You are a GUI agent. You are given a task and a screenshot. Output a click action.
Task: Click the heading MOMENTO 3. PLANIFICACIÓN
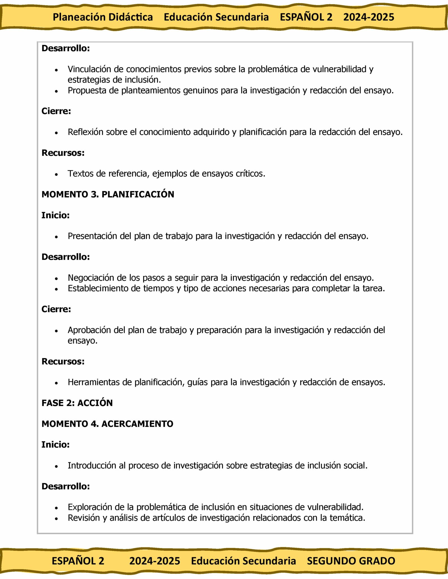click(108, 195)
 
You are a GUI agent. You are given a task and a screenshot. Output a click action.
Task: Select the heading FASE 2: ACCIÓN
click(77, 403)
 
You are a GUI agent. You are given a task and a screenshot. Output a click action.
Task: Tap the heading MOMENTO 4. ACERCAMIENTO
click(107, 424)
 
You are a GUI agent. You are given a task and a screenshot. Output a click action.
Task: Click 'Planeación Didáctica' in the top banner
click(103, 17)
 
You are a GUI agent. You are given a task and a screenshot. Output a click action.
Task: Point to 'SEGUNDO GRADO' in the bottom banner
click(351, 561)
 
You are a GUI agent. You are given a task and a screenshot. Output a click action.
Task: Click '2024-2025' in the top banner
click(368, 17)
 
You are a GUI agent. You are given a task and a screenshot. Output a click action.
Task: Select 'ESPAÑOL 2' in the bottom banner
click(78, 561)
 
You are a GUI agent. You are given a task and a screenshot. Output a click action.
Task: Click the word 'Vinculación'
click(89, 69)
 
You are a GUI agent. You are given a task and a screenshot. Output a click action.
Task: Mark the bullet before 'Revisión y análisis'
click(56, 518)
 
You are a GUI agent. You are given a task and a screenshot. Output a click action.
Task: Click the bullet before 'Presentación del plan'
click(56, 237)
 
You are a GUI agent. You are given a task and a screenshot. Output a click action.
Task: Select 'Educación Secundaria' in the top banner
click(216, 17)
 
